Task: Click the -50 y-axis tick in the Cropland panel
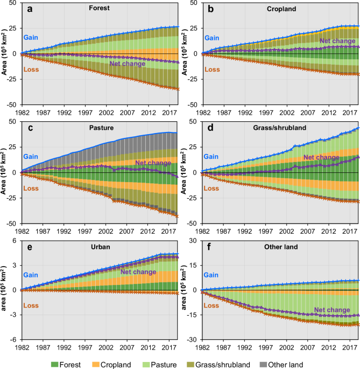192,105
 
